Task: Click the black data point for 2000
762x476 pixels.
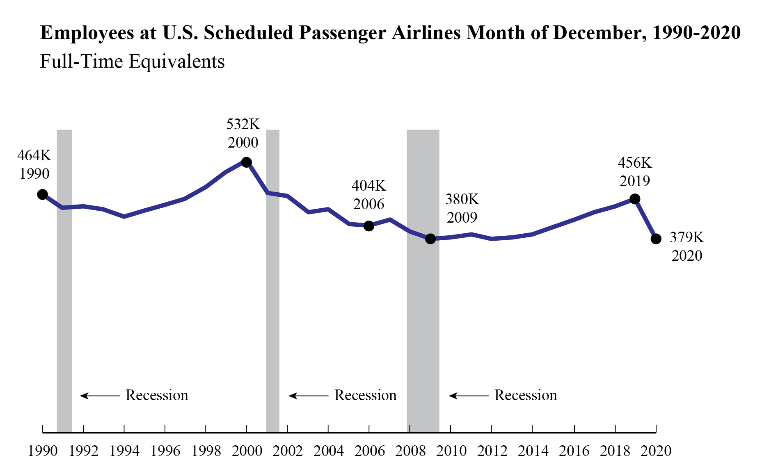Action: [x=246, y=162]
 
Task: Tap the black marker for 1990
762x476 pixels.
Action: [x=42, y=194]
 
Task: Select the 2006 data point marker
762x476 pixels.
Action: [x=369, y=226]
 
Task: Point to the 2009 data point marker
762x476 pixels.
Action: [x=430, y=239]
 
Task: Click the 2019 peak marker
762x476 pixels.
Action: [x=635, y=199]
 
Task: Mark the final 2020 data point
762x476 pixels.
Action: [x=656, y=239]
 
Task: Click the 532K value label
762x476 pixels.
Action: [x=243, y=124]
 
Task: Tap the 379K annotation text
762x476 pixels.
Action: [x=686, y=237]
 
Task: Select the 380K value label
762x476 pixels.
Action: [x=462, y=199]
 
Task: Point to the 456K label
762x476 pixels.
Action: [x=635, y=163]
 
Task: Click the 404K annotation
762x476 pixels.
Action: [x=368, y=186]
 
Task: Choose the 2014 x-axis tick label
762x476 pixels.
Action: [x=533, y=451]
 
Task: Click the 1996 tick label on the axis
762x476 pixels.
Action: [x=165, y=451]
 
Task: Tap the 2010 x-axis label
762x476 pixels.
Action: [x=451, y=451]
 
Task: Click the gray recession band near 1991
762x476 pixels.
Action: [x=64, y=287]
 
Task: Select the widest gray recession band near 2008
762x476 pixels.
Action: [x=423, y=307]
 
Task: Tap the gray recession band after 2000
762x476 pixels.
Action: [x=273, y=307]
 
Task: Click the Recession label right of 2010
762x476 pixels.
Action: [x=525, y=395]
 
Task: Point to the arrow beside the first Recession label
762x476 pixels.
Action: [x=99, y=396]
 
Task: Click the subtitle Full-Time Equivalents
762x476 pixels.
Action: [x=132, y=62]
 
